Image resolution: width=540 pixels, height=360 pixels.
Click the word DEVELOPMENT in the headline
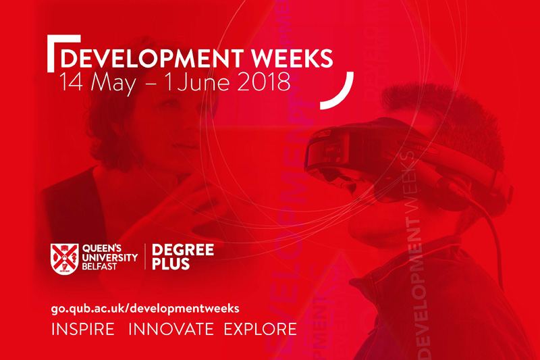pyautogui.click(x=152, y=59)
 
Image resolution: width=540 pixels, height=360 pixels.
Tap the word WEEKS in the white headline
pyautogui.click(x=292, y=59)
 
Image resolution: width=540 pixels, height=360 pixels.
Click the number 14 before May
pyautogui.click(x=71, y=82)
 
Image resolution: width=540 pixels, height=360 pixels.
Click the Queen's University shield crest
pyautogui.click(x=64, y=259)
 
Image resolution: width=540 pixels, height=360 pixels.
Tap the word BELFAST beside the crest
pyautogui.click(x=99, y=266)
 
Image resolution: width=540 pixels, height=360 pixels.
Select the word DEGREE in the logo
pyautogui.click(x=183, y=250)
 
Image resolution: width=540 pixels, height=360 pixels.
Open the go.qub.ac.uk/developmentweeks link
pyautogui.click(x=145, y=308)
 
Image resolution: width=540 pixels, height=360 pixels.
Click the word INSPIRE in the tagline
pyautogui.click(x=82, y=329)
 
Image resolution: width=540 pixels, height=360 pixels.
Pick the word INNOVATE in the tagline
pyautogui.click(x=171, y=329)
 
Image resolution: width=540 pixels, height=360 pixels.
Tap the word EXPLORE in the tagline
pyautogui.click(x=261, y=329)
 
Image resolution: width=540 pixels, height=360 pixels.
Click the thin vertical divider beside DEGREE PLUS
pyautogui.click(x=145, y=256)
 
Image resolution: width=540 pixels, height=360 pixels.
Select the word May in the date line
pyautogui.click(x=113, y=84)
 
